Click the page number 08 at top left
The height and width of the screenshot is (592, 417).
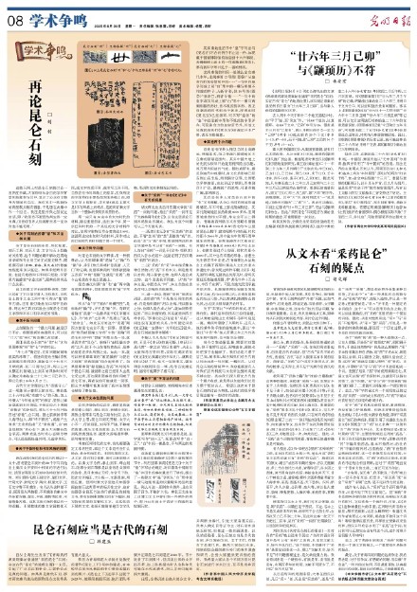pos(15,14)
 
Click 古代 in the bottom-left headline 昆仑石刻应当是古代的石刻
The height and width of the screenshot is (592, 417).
pos(111,536)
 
